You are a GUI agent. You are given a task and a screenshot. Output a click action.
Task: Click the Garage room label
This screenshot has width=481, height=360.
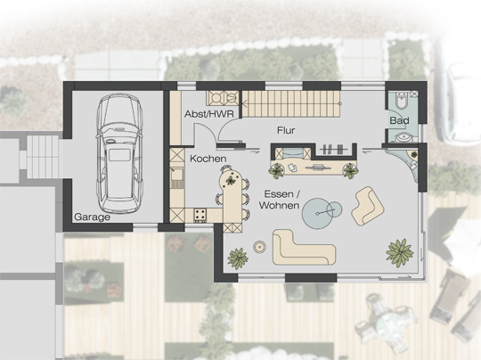click(92, 217)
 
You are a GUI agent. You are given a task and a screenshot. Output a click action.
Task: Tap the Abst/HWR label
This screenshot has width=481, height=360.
click(209, 114)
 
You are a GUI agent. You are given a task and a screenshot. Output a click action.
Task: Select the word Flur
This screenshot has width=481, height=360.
click(286, 130)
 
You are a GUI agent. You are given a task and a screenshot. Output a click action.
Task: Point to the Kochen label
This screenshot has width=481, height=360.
click(208, 159)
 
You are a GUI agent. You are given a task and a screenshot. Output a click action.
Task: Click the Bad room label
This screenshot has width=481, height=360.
click(399, 120)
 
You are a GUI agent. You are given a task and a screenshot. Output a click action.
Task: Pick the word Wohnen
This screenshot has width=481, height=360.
click(279, 205)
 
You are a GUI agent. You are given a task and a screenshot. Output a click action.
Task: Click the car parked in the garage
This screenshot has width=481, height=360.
click(119, 153)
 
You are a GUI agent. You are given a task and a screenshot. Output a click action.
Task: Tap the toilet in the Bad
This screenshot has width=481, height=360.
click(402, 101)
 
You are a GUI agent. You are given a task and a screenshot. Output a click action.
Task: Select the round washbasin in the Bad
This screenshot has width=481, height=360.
click(404, 137)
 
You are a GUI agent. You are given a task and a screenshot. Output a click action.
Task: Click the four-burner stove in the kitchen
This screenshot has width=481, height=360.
click(200, 215)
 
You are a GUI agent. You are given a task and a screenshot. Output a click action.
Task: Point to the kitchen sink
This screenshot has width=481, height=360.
click(177, 177)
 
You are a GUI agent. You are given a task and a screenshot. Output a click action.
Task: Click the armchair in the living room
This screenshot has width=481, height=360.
click(368, 206)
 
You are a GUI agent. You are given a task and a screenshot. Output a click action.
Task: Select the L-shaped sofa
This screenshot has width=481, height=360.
click(303, 248)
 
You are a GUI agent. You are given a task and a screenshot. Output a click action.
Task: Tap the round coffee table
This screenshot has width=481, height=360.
click(318, 213)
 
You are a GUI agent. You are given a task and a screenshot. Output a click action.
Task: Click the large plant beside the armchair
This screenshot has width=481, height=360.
click(400, 252)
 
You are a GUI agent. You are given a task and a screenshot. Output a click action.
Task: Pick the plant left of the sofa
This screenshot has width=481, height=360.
click(238, 258)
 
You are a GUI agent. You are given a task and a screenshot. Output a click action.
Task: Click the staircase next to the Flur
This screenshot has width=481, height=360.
click(291, 103)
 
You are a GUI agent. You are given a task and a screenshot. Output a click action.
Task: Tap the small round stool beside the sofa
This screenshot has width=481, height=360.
click(259, 247)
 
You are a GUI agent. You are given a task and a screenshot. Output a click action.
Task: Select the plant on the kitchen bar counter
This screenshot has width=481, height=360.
click(231, 181)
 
